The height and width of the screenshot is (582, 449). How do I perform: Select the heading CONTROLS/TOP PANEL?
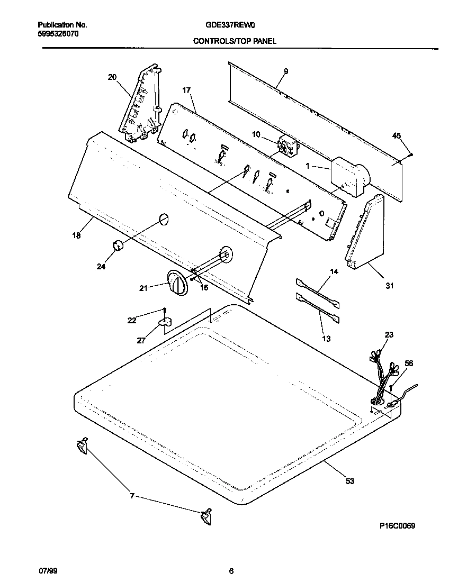[234, 41]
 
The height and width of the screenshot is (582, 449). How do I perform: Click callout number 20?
[112, 77]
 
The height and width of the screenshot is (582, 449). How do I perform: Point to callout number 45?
[397, 135]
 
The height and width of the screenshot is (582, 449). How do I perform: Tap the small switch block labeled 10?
[288, 147]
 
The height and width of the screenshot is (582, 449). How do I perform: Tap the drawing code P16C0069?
[397, 526]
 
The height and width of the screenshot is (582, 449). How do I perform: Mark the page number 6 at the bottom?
[231, 571]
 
